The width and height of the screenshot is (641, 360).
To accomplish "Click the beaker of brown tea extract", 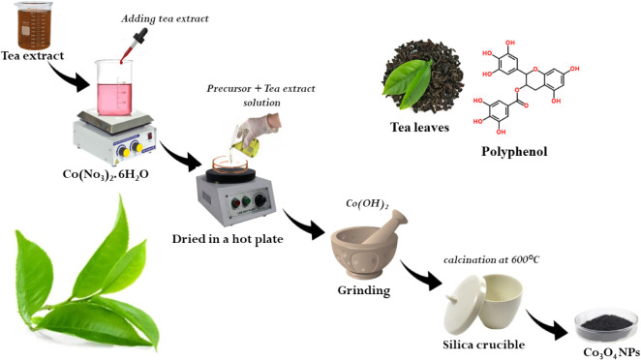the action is pos(34,25).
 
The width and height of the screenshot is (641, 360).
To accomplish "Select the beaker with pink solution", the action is pos(115,87).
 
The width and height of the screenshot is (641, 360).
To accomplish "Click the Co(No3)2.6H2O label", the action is pos(106,175).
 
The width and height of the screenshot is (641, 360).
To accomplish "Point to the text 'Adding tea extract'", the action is pos(165,18).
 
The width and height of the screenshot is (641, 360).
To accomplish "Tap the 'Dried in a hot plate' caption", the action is pos(228,239).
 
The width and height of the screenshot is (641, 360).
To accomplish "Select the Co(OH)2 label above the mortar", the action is pos(367,204).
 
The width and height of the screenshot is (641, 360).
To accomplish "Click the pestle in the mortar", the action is pos(385,227).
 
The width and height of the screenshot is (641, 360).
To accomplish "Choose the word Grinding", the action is pos(364,290).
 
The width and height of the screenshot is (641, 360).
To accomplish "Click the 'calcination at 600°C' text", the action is pos(491,259).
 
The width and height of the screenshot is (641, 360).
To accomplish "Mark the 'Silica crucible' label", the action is pos(483,345).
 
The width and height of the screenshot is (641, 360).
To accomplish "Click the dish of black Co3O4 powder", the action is pos(606,326).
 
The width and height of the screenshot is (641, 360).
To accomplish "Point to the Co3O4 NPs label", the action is pos(611,352).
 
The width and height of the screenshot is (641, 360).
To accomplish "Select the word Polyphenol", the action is pos(514,152).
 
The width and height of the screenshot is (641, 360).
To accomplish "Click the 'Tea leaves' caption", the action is pos(419,128).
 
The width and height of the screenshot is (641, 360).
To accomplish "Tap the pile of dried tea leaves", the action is pos(423,76).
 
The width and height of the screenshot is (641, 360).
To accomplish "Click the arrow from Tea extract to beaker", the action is pos(70,76).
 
